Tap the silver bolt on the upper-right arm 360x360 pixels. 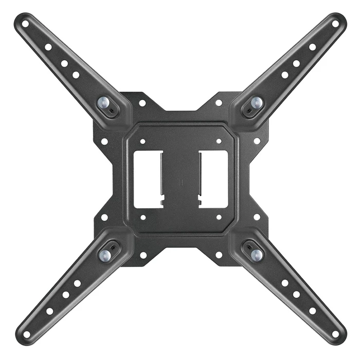click(256, 102)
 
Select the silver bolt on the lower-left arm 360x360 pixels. click(104, 254)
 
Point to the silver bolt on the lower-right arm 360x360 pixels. click(256, 254)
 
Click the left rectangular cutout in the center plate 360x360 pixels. click(148, 179)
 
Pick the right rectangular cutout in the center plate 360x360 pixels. click(213, 179)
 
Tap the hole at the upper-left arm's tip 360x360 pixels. click(25, 24)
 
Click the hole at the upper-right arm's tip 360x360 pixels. click(335, 24)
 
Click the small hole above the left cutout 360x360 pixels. click(143, 140)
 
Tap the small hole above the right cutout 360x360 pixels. click(219, 140)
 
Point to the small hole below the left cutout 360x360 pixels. click(143, 217)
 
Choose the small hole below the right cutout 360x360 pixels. click(219, 217)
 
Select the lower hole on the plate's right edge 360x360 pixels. click(257, 217)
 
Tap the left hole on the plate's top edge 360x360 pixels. click(142, 103)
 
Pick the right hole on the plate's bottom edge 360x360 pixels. click(219, 255)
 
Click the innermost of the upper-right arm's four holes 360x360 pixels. click(284, 75)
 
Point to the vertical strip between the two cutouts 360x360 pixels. click(181, 179)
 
